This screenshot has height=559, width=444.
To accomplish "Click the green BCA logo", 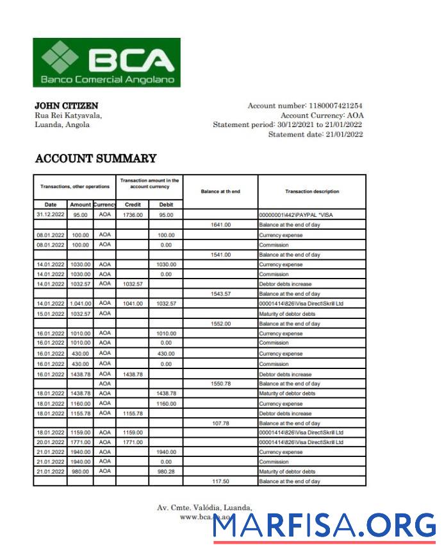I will tap(106, 62).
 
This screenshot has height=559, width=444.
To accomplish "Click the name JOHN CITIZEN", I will tap(66, 105).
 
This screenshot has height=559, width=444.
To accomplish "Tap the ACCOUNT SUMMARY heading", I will tap(95, 159).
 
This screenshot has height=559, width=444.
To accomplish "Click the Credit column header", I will tap(133, 205).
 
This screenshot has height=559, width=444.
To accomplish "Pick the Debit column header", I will tap(165, 205).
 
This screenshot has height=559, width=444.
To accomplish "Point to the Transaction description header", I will tap(312, 191).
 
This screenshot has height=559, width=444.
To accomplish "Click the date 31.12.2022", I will tap(50, 215).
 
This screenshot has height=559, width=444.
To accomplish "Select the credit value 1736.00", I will tap(133, 215).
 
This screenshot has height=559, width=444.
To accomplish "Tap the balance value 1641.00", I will tap(220, 225).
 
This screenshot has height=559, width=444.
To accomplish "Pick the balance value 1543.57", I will tap(220, 294).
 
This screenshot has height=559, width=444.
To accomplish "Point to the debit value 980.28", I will tap(166, 471).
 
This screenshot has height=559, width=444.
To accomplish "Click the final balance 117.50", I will tap(220, 481).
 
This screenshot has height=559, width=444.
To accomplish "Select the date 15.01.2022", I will tap(50, 314).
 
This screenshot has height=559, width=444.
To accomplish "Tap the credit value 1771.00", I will tap(133, 442).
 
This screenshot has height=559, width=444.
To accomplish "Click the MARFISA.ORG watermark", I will tap(324, 526).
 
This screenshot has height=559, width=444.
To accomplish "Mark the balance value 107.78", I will tap(220, 424).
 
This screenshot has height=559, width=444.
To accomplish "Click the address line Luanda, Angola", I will tap(62, 125).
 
